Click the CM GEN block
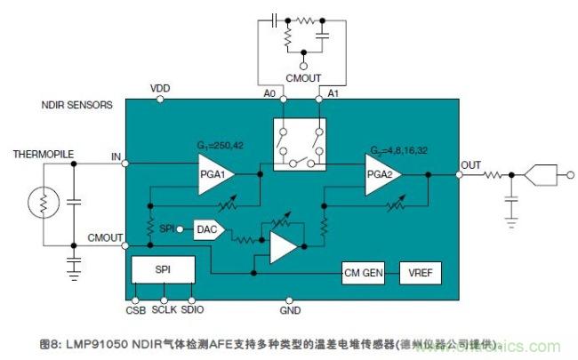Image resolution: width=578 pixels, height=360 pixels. [x=363, y=272]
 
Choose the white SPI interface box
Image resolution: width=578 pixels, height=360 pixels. [x=163, y=270]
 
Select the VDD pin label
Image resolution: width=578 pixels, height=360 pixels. [x=160, y=88]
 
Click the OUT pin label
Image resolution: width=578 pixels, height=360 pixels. [x=471, y=165]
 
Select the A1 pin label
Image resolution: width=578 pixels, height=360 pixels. [x=333, y=92]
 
